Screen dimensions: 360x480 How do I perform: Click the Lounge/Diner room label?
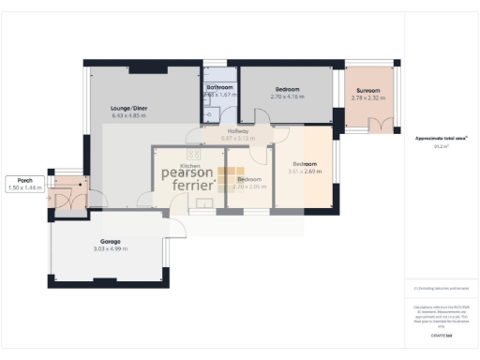click(129, 108)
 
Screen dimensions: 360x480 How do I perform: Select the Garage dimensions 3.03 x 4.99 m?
click(112, 247)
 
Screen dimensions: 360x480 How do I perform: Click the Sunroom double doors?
click(380, 124)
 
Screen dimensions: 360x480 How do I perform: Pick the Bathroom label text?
click(219, 87)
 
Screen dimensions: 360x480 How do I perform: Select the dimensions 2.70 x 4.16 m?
click(289, 97)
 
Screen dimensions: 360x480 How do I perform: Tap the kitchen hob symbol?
click(194, 155)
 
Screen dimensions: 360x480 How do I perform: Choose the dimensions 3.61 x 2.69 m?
click(305, 172)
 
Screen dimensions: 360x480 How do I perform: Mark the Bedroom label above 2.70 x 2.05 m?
click(249, 179)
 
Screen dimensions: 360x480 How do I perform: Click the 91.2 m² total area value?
click(440, 146)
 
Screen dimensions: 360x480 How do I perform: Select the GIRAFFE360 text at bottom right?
click(442, 335)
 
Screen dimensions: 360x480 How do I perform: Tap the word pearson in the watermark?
click(188, 172)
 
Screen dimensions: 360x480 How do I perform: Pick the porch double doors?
click(66, 200)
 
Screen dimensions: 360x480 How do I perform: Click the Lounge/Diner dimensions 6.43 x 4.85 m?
click(129, 115)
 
